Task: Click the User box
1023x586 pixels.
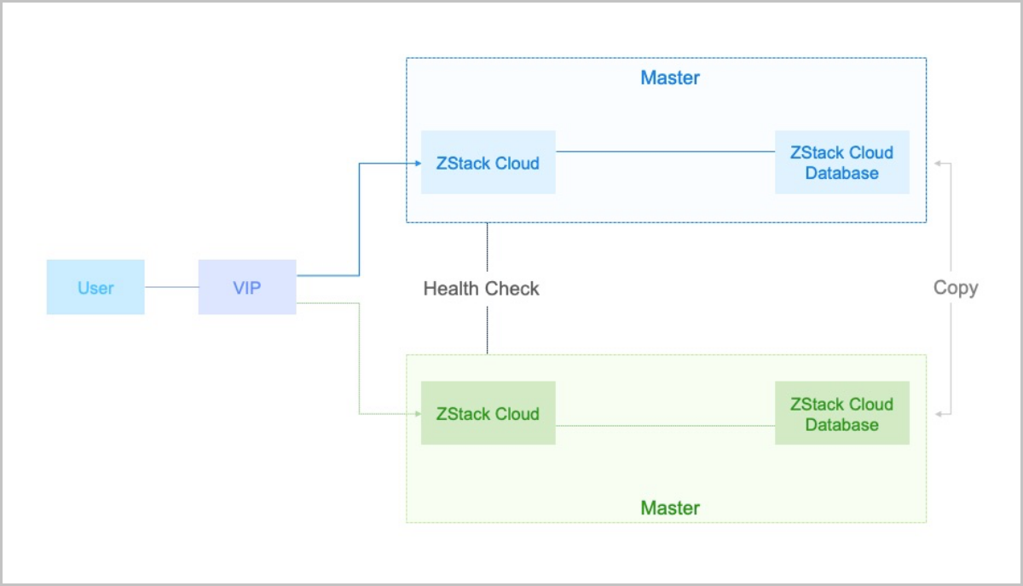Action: coord(95,288)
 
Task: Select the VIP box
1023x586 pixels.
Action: coord(247,288)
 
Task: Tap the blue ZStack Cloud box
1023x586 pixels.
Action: coord(488,163)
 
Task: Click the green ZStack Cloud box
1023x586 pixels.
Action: coord(488,414)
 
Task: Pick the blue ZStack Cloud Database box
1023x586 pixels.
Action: coord(841,163)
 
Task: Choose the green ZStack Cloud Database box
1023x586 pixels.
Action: coord(841,414)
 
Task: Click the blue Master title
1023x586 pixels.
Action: coord(669,78)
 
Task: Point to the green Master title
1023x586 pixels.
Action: coord(669,508)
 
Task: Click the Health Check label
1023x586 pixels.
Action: coord(481,289)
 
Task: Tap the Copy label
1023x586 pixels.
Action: coord(955,288)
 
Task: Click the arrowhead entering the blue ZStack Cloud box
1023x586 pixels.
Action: coord(418,163)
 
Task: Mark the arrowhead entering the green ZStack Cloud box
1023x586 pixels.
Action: coord(418,414)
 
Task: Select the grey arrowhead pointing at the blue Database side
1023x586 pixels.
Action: coord(939,162)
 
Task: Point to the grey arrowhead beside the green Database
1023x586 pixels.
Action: coord(939,414)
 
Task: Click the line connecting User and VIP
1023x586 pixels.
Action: coord(171,288)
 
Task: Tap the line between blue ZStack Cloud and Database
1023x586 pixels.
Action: coord(665,152)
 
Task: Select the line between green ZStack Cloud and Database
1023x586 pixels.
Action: coord(665,425)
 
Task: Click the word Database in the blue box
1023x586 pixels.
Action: coord(841,173)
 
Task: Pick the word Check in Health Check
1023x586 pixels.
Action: coord(512,289)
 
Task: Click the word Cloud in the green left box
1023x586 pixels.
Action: coord(517,414)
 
